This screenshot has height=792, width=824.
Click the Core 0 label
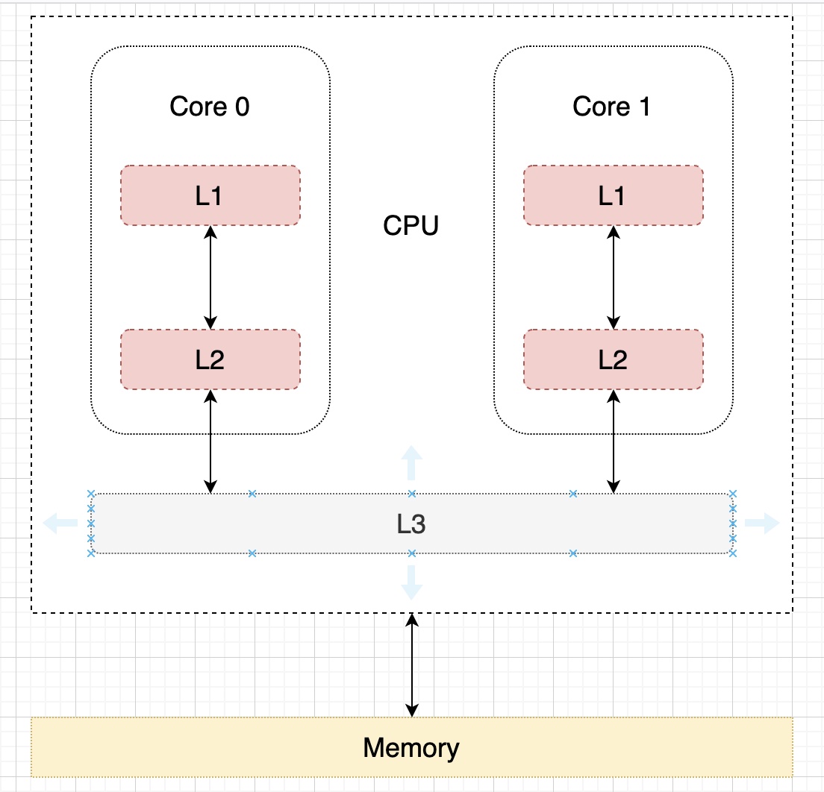tap(210, 107)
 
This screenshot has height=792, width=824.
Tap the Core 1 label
tap(612, 107)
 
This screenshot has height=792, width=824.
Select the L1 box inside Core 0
tap(210, 195)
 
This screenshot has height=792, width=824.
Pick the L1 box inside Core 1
tap(613, 195)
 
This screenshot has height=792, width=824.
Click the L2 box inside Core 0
tap(210, 359)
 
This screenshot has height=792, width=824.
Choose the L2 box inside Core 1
tap(613, 359)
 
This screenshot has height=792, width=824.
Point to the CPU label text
tap(411, 225)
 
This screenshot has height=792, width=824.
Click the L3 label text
tap(411, 524)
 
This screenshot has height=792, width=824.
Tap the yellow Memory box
tap(411, 747)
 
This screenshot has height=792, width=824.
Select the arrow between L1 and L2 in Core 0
tap(210, 277)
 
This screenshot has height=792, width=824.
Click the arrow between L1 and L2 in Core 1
tap(614, 277)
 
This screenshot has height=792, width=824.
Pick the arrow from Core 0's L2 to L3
tap(210, 441)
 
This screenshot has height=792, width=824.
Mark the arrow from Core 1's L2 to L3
tap(614, 441)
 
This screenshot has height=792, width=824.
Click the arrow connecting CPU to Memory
tap(412, 665)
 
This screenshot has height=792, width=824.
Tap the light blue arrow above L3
tap(411, 463)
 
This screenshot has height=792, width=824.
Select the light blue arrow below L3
tap(411, 583)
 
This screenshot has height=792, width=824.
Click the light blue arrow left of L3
tap(60, 524)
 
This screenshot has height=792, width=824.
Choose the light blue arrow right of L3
tap(762, 524)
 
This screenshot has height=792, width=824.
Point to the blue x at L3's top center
tap(412, 494)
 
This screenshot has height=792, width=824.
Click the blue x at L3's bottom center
tap(412, 553)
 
